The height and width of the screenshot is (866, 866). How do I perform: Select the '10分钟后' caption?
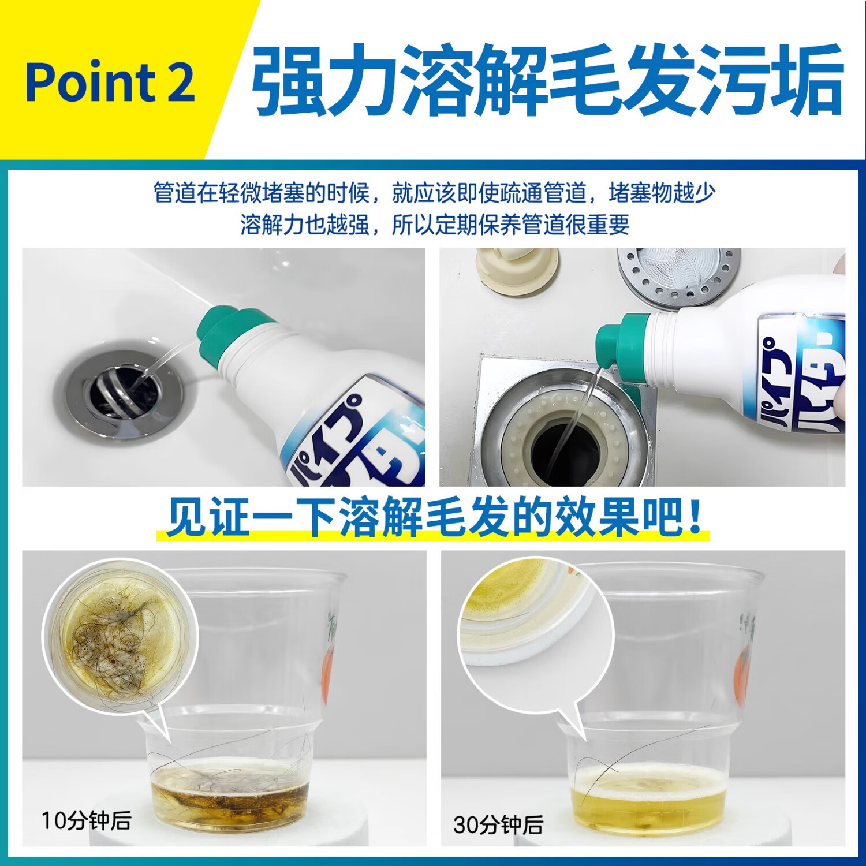click(86, 820)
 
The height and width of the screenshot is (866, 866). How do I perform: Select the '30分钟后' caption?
click(498, 824)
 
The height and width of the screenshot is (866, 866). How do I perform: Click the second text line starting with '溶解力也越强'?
click(434, 224)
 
